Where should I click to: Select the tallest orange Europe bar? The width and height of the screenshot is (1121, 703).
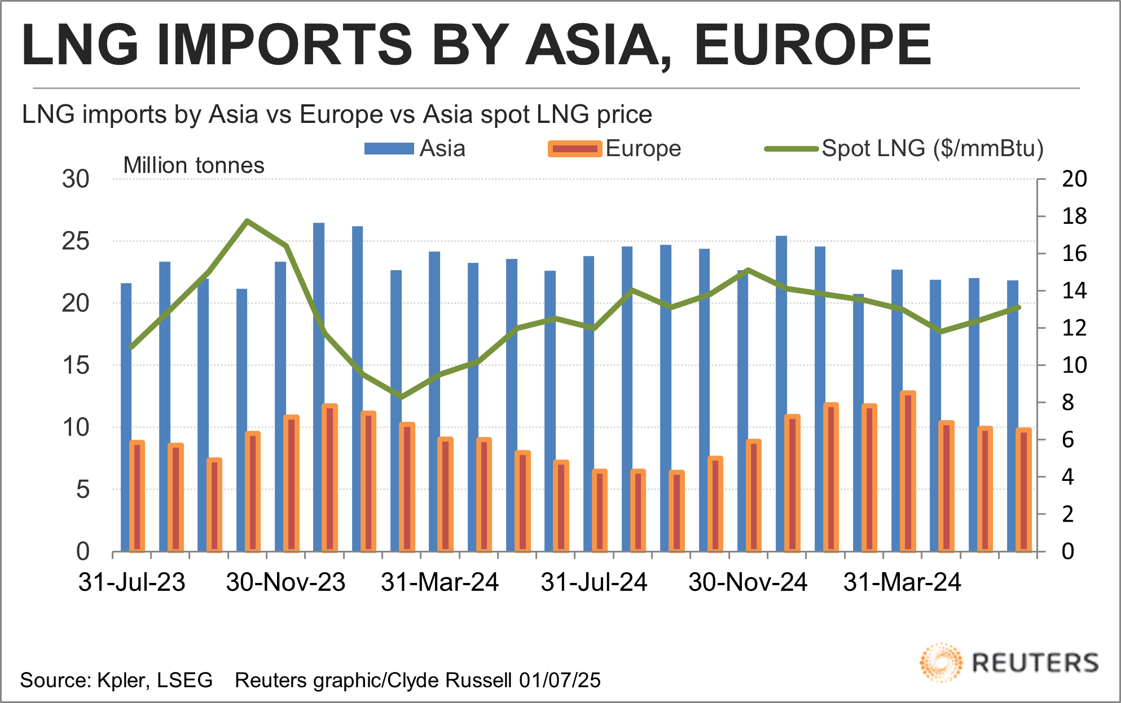[908, 471]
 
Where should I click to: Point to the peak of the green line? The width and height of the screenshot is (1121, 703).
[247, 220]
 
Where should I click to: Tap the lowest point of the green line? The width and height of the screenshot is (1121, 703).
[401, 397]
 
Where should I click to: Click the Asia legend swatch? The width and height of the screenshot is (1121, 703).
[389, 149]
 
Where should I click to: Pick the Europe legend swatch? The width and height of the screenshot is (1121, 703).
[574, 149]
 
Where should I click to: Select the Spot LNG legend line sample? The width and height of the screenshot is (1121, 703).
[791, 149]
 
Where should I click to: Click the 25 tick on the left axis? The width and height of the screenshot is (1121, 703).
[76, 241]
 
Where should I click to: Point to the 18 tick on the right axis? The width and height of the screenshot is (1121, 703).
[1074, 216]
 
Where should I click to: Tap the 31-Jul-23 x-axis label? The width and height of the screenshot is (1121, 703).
[132, 582]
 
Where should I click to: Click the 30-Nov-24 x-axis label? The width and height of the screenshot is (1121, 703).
[748, 582]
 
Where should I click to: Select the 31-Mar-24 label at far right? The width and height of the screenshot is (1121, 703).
[902, 582]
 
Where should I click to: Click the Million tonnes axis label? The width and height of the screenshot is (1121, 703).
[194, 166]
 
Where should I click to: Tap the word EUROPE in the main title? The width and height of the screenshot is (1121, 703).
[812, 45]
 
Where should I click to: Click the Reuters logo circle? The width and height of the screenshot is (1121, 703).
[940, 662]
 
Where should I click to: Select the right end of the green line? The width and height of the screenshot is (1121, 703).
[1018, 307]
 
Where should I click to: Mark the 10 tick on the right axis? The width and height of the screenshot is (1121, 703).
[1074, 365]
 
